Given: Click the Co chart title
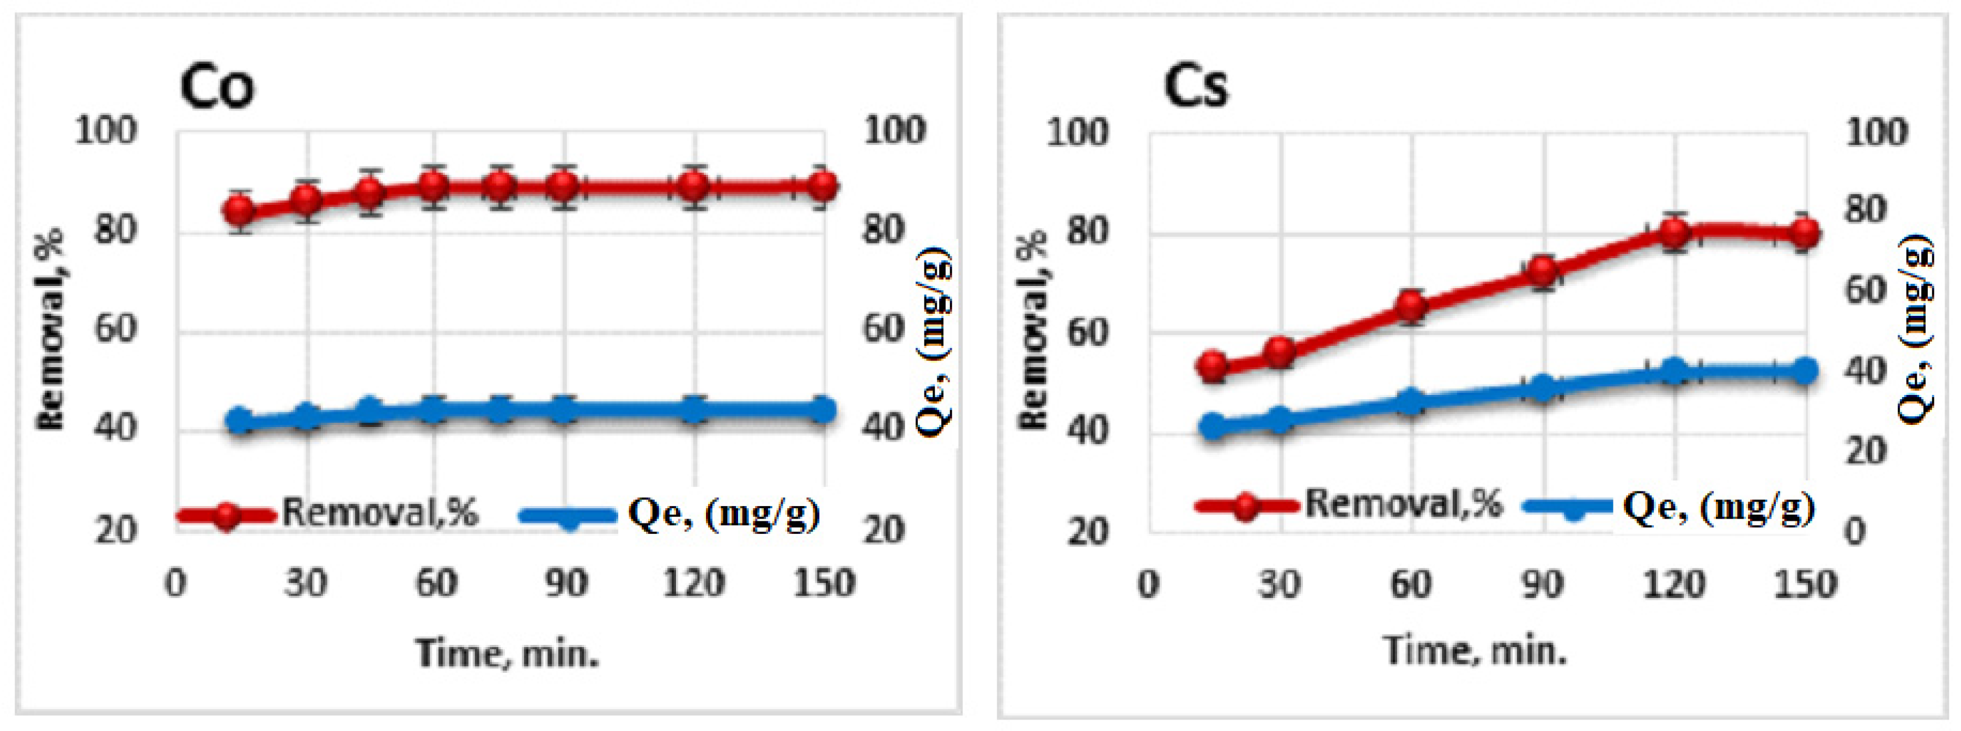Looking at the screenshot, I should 217,86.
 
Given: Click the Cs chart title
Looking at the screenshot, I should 1195,86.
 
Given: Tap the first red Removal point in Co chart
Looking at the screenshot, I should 241,211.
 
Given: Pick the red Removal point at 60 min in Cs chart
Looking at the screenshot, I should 1411,306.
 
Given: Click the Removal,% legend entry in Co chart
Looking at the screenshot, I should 327,513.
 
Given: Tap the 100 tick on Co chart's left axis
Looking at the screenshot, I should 106,131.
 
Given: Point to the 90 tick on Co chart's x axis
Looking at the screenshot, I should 565,584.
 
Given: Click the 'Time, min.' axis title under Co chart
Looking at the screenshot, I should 507,653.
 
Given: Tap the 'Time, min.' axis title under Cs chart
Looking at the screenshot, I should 1475,651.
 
